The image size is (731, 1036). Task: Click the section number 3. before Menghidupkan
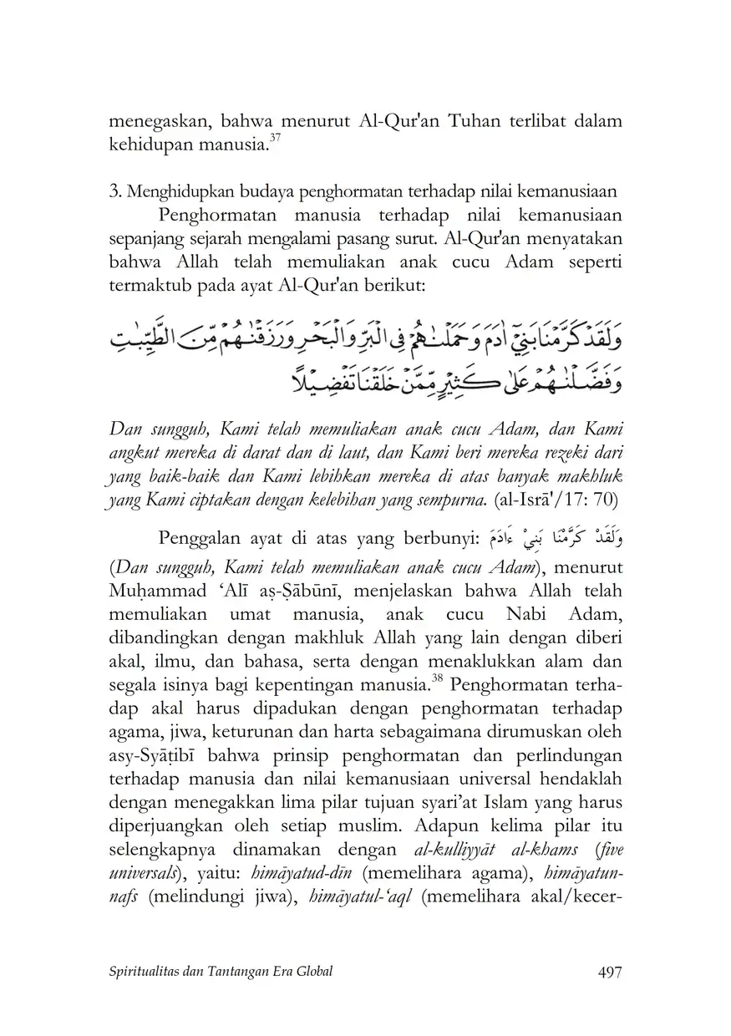click(116, 191)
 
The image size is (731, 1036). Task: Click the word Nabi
click(522, 615)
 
